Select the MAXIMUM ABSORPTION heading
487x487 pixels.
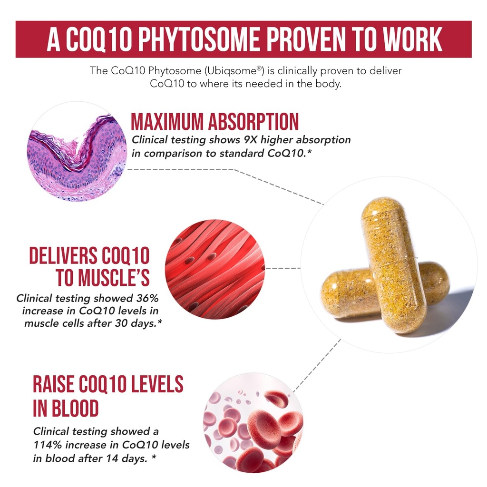pyautogui.click(x=215, y=122)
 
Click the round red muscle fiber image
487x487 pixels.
pyautogui.click(x=214, y=268)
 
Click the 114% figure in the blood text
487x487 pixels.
pyautogui.click(x=46, y=445)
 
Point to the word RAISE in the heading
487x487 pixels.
pyautogui.click(x=54, y=384)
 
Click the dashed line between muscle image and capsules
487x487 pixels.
pyautogui.click(x=283, y=268)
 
